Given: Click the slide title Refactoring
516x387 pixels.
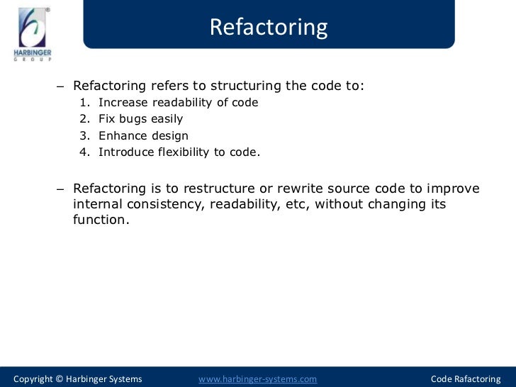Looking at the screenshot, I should pyautogui.click(x=269, y=27).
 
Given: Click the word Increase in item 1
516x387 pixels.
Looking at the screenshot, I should pyautogui.click(x=122, y=103).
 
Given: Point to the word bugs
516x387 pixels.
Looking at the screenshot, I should pyautogui.click(x=133, y=119).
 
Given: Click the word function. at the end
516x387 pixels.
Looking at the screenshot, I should pyautogui.click(x=101, y=220).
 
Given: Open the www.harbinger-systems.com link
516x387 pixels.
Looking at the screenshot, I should pyautogui.click(x=257, y=379).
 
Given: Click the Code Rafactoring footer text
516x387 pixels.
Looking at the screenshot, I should pyautogui.click(x=465, y=379).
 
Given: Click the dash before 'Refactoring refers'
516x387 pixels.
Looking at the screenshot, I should pyautogui.click(x=60, y=87).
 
